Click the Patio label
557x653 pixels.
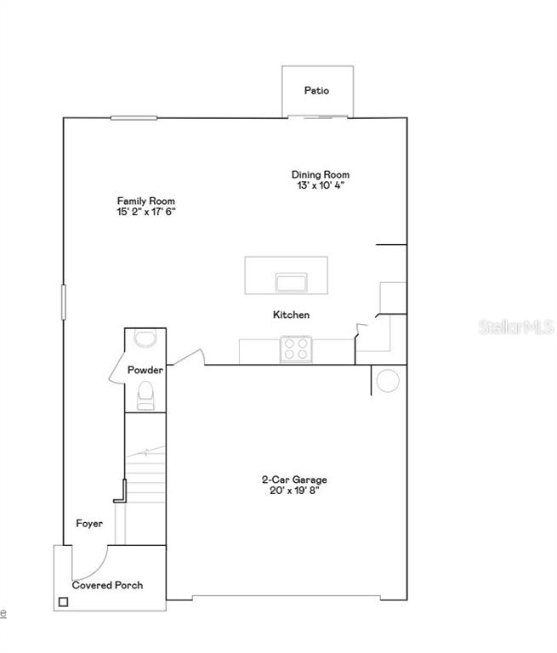click(x=316, y=90)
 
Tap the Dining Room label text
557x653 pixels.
click(x=320, y=174)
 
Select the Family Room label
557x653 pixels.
click(x=146, y=201)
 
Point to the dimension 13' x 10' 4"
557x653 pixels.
click(x=320, y=185)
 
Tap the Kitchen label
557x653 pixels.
click(x=291, y=315)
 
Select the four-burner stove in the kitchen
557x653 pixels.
click(x=296, y=349)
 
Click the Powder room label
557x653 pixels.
click(x=145, y=371)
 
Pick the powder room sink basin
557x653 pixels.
click(x=145, y=339)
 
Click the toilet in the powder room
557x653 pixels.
click(x=145, y=395)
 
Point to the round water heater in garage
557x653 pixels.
click(x=388, y=380)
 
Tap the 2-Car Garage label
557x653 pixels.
click(x=294, y=480)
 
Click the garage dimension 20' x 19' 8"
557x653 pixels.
click(x=294, y=490)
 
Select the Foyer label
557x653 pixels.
click(x=89, y=524)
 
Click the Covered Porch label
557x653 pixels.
click(x=107, y=585)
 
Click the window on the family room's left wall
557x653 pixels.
click(x=64, y=301)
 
